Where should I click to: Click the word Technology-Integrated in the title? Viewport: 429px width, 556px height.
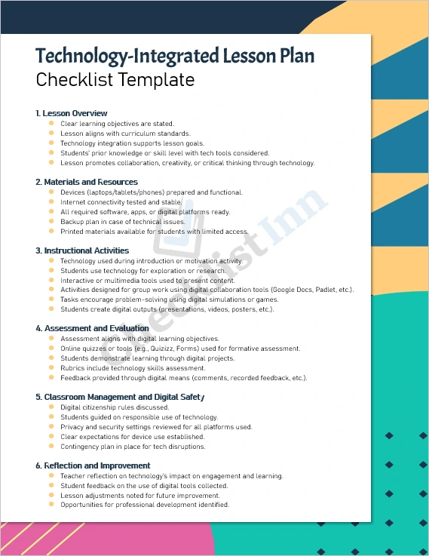[x=126, y=56]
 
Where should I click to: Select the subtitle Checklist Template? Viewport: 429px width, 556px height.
[x=115, y=80]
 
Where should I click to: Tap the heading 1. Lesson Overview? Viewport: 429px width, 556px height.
[x=72, y=113]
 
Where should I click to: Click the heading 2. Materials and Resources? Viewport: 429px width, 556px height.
[x=87, y=182]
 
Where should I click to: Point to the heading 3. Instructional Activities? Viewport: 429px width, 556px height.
[x=82, y=250]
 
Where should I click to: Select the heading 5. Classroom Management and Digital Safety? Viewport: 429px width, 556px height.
[x=120, y=397]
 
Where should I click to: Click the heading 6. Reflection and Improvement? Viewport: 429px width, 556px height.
[x=93, y=465]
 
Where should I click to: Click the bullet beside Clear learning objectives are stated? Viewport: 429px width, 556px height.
[x=51, y=123]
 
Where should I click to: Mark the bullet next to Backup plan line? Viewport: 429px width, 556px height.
[x=51, y=222]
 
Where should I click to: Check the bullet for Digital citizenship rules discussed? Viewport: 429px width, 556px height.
[x=51, y=407]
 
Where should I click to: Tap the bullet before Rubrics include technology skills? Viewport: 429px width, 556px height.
[x=51, y=367]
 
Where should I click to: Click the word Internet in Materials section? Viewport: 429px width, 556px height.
[x=74, y=202]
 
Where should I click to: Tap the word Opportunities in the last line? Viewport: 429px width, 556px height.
[x=84, y=505]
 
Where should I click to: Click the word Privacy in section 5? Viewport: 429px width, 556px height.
[x=72, y=427]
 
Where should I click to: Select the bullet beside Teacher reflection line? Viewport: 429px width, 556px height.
[x=51, y=476]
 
